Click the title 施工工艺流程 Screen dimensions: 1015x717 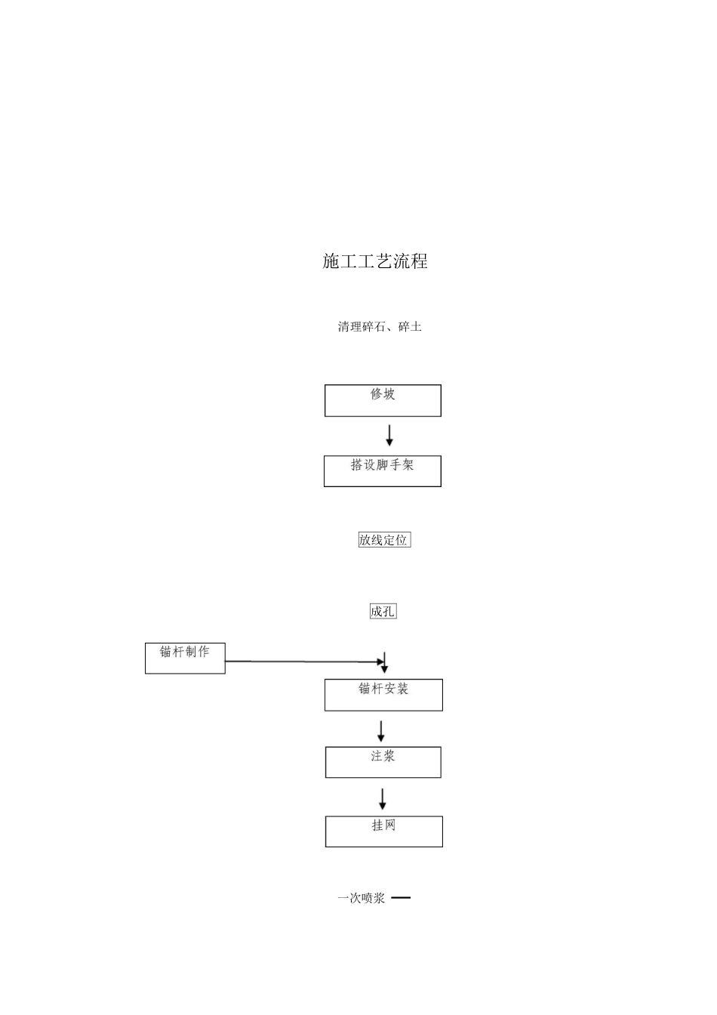tap(375, 261)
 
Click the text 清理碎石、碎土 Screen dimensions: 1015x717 tap(380, 327)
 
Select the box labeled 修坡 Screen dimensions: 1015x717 tap(383, 401)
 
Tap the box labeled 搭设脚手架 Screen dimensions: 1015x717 tap(383, 471)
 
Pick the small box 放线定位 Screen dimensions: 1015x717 tap(384, 540)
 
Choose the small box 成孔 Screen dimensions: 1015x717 tap(383, 612)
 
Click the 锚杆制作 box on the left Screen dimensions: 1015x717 tap(185, 658)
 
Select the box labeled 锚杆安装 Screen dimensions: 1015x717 tap(383, 695)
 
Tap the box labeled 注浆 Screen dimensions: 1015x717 tap(383, 762)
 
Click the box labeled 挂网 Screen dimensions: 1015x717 tap(383, 831)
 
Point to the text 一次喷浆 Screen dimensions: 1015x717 tap(362, 898)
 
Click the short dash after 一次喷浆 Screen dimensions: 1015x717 tap(402, 898)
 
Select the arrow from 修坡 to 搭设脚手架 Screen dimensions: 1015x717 tap(389, 436)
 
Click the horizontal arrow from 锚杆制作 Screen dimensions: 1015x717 tap(302, 662)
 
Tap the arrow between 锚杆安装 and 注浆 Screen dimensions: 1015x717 tap(381, 731)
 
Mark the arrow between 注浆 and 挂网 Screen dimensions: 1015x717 tap(383, 799)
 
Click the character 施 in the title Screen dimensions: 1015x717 tap(331, 261)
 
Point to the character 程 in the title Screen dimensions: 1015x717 tap(419, 261)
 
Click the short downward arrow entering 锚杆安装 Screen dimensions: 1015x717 tap(385, 663)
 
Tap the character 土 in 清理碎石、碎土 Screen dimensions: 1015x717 tap(416, 327)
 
